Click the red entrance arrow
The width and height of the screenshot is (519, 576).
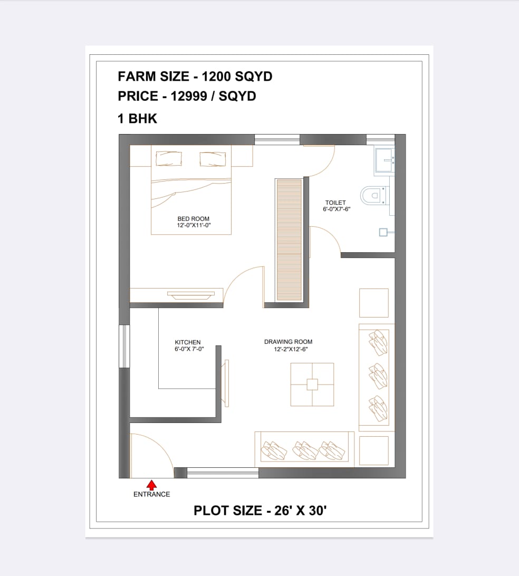point(151,485)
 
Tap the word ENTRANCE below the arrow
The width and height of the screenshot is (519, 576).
point(152,494)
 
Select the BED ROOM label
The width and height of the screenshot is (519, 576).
point(193,218)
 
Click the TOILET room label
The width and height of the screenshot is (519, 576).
point(335,203)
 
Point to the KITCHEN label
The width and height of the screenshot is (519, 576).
point(188,342)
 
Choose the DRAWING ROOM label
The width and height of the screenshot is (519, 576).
point(289,342)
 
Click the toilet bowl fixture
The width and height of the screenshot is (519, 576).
point(373,195)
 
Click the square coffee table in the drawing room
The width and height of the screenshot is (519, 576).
point(312,384)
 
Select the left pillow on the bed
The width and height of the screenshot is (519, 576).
point(169,159)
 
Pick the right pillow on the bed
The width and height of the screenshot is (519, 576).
point(213,159)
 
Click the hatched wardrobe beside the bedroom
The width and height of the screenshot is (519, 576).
point(289,240)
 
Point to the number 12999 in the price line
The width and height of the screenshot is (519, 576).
point(187,96)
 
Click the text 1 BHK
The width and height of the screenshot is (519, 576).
point(137,119)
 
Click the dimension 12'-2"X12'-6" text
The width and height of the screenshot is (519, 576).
point(291,349)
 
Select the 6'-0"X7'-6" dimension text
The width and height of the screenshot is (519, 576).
point(337,209)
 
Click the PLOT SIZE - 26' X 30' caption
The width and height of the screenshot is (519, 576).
point(260,511)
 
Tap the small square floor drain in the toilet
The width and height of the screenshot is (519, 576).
point(383,232)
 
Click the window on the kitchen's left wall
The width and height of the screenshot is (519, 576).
point(124,346)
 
